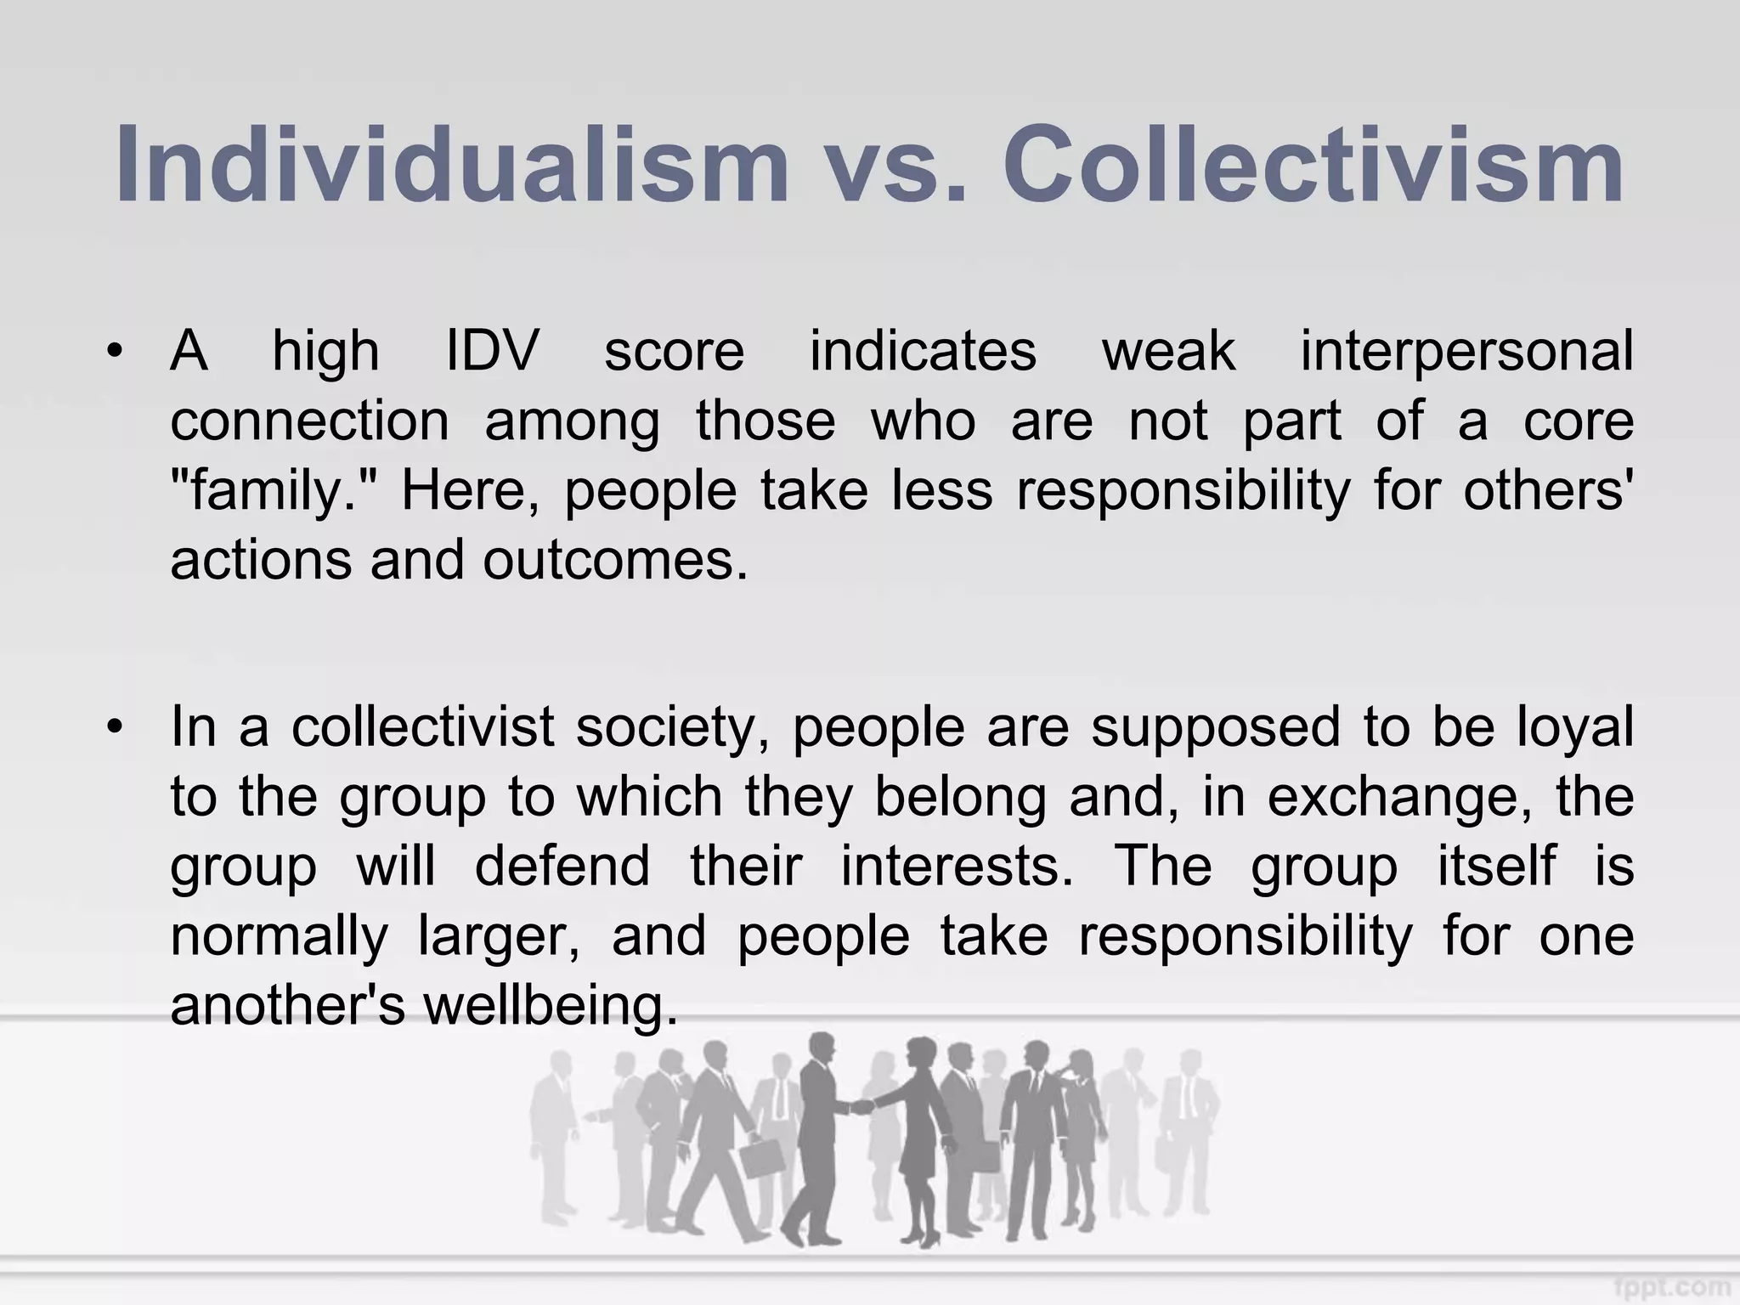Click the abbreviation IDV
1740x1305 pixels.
click(493, 352)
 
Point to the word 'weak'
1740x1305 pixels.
click(1169, 352)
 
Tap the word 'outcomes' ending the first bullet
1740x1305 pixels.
click(615, 561)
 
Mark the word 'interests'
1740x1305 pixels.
click(957, 867)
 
